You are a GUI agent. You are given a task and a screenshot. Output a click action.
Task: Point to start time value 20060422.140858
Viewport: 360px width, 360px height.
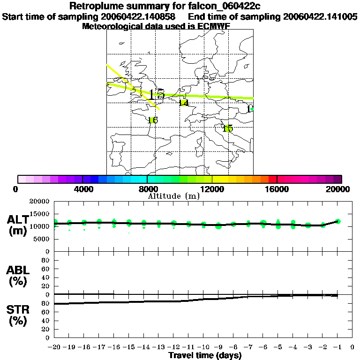pyautogui.click(x=138, y=17)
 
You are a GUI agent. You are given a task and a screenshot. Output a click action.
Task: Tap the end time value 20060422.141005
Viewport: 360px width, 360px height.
pyautogui.click(x=320, y=17)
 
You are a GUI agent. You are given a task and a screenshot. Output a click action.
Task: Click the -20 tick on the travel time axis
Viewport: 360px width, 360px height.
pyautogui.click(x=55, y=347)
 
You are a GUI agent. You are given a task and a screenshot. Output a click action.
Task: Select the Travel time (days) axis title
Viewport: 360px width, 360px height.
pyautogui.click(x=205, y=356)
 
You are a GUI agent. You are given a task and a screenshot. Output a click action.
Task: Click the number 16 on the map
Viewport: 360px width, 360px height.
pyautogui.click(x=153, y=120)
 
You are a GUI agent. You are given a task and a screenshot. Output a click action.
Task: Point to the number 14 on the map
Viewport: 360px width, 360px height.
pyautogui.click(x=184, y=103)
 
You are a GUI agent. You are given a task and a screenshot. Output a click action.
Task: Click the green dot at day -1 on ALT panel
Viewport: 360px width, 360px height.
pyautogui.click(x=338, y=221)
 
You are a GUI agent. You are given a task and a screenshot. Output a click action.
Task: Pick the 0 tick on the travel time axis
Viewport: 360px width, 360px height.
pyautogui.click(x=352, y=347)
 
